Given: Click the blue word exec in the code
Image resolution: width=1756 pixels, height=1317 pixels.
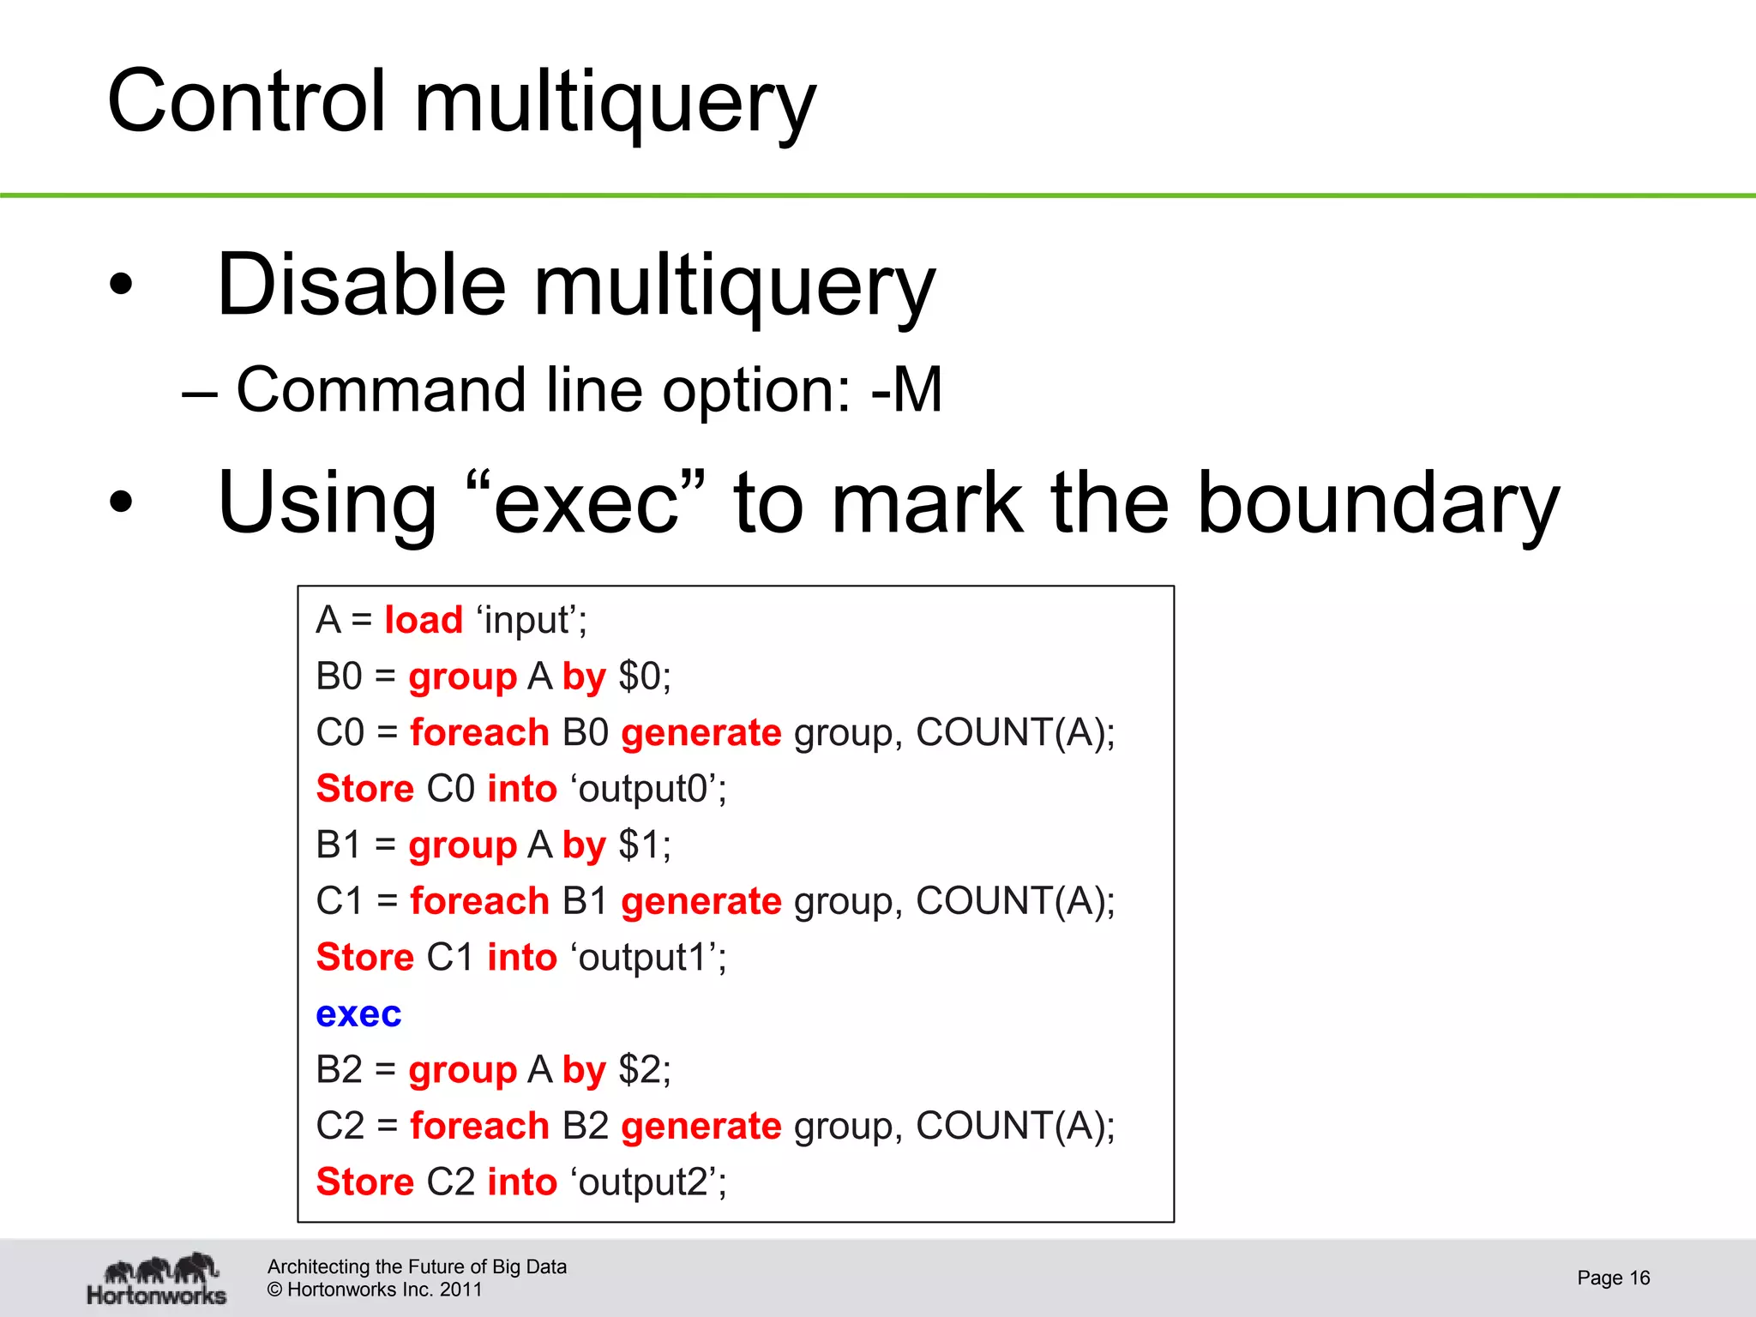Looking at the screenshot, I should click(x=358, y=1014).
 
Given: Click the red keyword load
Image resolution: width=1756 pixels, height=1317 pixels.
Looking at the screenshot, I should click(x=424, y=620).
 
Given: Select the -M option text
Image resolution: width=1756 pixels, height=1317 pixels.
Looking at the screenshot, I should click(x=905, y=390).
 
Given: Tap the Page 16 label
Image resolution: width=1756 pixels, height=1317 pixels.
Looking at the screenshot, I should click(x=1613, y=1278).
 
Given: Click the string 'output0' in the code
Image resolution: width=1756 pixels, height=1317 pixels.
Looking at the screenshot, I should click(x=646, y=789).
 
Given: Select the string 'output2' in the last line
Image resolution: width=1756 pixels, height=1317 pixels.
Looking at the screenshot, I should click(x=646, y=1182).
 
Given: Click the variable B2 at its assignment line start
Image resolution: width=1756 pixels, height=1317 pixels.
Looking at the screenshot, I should click(x=340, y=1070).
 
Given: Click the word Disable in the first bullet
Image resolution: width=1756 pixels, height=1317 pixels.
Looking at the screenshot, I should click(x=362, y=285).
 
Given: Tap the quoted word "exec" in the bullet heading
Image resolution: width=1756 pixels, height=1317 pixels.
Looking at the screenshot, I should click(x=587, y=503).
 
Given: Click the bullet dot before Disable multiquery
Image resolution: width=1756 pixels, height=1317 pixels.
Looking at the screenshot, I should click(x=121, y=286).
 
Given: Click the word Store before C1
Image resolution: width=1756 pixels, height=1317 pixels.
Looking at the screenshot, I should click(x=365, y=958).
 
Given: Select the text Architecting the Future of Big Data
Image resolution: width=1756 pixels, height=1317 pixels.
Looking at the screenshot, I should click(x=417, y=1266).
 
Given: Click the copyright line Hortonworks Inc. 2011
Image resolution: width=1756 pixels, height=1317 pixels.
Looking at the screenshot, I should click(x=376, y=1290).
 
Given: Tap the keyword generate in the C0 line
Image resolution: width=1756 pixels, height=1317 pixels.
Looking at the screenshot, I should click(x=701, y=733).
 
